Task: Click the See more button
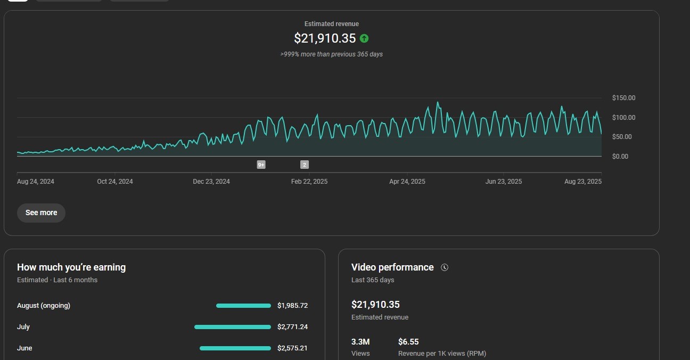41,212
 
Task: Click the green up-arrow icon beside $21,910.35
364,38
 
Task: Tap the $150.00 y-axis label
623,98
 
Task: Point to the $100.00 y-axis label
623,118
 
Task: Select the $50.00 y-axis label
622,137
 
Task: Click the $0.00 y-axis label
620,157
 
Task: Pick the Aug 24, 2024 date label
36,182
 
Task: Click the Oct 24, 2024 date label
115,182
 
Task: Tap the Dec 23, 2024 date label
211,182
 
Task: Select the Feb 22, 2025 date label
309,182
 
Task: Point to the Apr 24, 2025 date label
407,182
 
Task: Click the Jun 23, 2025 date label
504,182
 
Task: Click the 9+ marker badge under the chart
261,165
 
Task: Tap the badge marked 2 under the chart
305,165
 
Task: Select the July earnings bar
233,327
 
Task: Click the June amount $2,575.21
292,348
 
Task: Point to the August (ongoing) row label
44,306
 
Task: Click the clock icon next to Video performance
445,267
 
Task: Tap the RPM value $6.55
408,342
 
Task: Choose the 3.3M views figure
360,342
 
